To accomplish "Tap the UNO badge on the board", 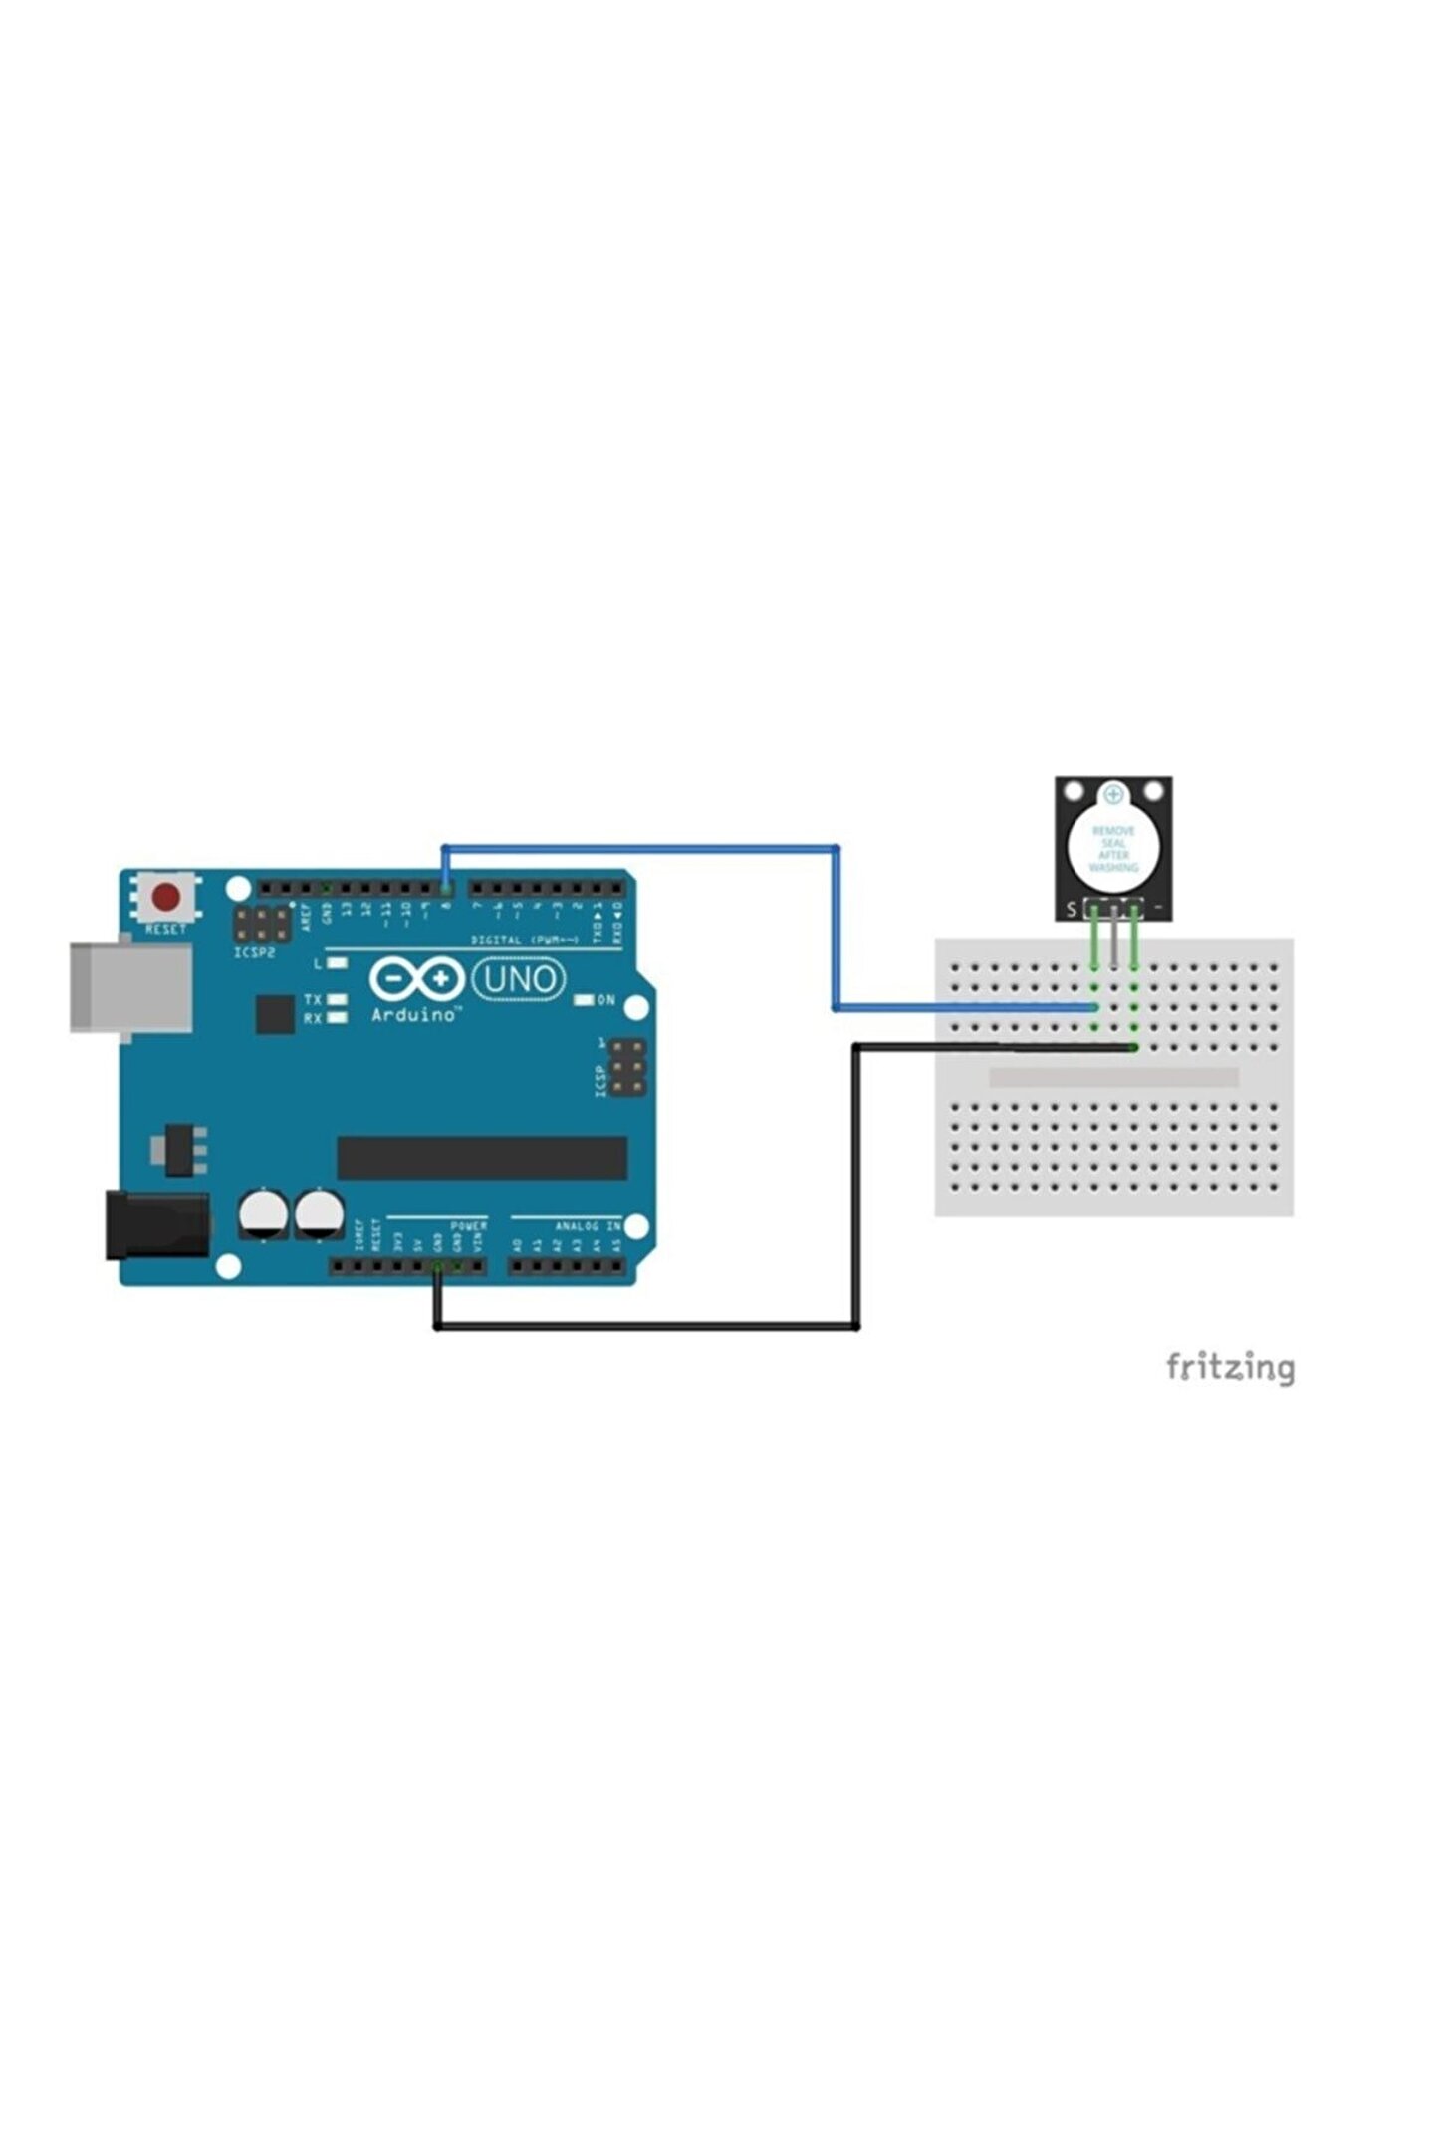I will (x=518, y=980).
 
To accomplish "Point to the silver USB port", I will (x=129, y=987).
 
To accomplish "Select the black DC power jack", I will (x=157, y=1225).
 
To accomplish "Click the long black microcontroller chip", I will (x=482, y=1157).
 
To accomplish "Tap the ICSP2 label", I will (x=255, y=952).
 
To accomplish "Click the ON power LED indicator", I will (x=585, y=999).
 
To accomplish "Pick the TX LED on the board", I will (x=338, y=998).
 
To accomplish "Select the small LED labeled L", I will (x=338, y=963).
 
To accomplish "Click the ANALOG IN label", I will (x=588, y=1226).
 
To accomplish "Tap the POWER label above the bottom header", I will (x=468, y=1226).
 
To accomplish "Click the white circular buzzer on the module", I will (x=1113, y=847).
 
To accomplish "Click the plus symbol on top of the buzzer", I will (x=1113, y=795).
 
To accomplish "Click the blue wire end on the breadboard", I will (x=1093, y=1007).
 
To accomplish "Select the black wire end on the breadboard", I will (x=1133, y=1047).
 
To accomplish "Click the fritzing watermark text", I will (x=1230, y=1367).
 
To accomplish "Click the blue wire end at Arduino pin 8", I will (x=445, y=886).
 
